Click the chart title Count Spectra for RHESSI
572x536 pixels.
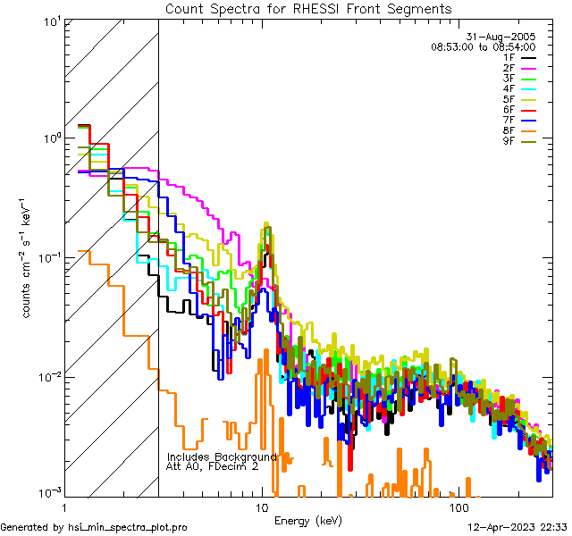coord(307,8)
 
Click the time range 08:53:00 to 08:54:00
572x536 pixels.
coord(483,46)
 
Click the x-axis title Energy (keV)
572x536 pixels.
coord(307,521)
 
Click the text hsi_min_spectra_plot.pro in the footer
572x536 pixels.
coord(128,527)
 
